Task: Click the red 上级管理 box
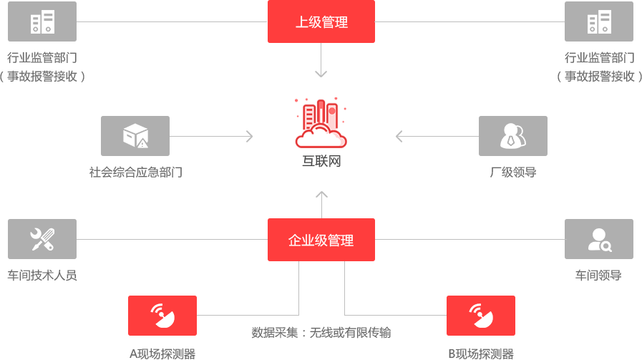321,21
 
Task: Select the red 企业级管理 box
321,240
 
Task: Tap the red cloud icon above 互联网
321,122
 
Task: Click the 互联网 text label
321,161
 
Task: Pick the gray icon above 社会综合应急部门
135,135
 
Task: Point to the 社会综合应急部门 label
135,172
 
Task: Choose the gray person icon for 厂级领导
512,135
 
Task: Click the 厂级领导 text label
512,172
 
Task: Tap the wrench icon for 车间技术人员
42,239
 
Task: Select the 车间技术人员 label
42,276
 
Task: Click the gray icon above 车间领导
598,239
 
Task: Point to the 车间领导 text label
598,276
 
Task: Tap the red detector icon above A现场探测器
162,315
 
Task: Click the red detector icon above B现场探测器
480,315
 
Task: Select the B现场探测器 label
480,354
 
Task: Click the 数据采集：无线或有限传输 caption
321,332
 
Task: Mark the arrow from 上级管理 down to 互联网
321,61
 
